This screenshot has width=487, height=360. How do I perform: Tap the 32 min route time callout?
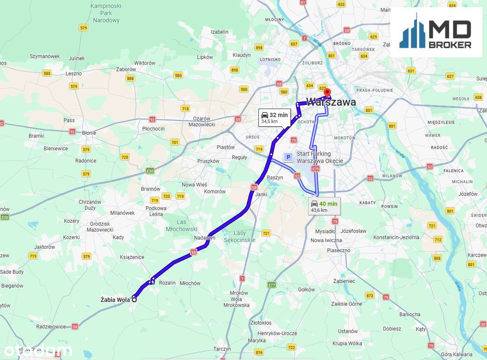(274, 117)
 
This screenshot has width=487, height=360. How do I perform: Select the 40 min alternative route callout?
(324, 206)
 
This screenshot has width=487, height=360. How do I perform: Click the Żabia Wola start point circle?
(134, 299)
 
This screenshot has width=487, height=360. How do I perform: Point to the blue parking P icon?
(288, 157)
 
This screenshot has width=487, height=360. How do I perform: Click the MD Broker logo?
(436, 32)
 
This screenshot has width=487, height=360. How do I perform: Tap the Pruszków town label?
(208, 161)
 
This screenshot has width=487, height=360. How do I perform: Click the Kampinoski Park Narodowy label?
(106, 13)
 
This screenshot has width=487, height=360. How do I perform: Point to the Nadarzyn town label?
(205, 238)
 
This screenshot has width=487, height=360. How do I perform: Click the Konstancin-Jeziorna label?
(396, 237)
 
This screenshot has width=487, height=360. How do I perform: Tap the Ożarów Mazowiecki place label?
(202, 121)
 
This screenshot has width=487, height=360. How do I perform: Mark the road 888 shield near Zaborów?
(130, 78)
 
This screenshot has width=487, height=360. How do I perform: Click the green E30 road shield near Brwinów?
(150, 171)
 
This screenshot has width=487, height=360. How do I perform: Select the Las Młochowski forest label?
(181, 225)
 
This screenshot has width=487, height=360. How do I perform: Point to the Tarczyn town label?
(222, 349)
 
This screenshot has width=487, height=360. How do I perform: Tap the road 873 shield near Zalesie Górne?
(370, 295)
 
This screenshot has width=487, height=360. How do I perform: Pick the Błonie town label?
(89, 133)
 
